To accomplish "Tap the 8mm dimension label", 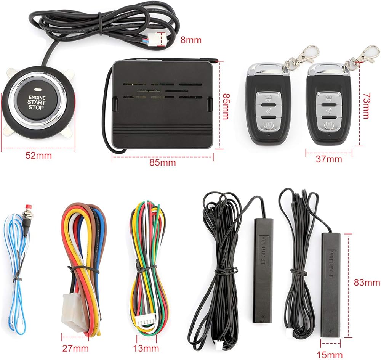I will click(190, 39).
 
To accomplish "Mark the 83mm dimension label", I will click(367, 283).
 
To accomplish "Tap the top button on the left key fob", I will click(268, 97).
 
